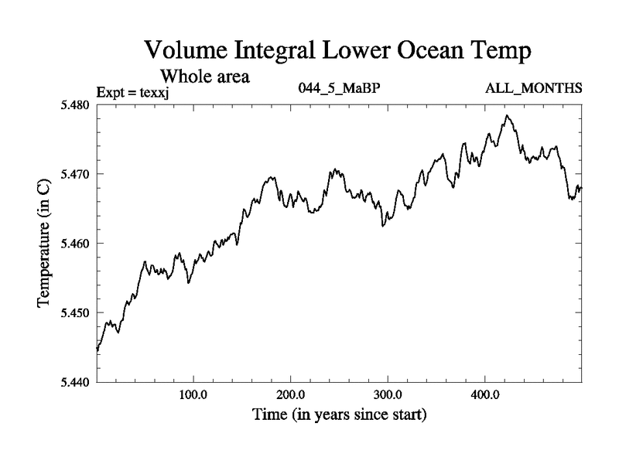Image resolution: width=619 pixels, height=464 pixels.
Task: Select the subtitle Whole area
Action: pos(204,77)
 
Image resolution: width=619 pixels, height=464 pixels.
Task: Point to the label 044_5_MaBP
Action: pos(339,87)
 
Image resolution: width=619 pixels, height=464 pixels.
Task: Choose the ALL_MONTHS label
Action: pos(533,87)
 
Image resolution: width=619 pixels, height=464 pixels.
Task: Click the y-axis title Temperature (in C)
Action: pos(44,244)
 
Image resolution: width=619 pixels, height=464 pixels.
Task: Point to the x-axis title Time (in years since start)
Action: pos(339,415)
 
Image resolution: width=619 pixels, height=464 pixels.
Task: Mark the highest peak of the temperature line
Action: pos(507,116)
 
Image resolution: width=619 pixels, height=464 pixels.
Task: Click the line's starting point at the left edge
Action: pos(97,350)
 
